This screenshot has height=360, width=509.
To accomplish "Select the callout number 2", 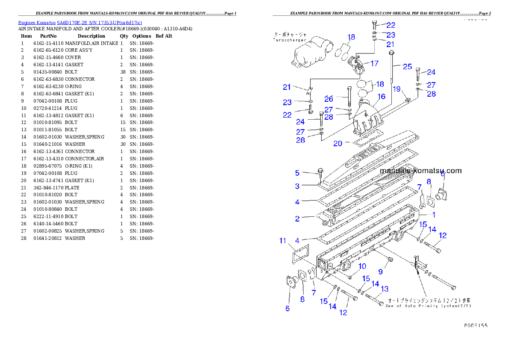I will (297, 218).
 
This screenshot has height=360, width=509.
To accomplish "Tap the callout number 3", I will (297, 186).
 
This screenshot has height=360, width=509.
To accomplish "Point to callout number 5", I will (297, 173).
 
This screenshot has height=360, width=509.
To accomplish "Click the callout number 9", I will (380, 271).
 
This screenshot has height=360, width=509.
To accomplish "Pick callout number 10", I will (362, 266).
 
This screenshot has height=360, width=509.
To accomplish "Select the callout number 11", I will (283, 241).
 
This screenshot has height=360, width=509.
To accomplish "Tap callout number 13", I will (385, 289).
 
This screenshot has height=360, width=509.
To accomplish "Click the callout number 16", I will (382, 97).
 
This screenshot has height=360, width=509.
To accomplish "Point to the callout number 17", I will (374, 64).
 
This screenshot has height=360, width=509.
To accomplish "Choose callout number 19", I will (397, 89).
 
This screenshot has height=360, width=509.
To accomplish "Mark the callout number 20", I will (338, 144).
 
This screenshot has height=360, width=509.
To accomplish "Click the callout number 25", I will (407, 66).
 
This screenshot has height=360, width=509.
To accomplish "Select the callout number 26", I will (328, 99).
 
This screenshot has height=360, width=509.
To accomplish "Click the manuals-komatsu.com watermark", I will (421, 171).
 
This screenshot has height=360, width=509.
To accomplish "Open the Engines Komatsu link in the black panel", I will (80, 22).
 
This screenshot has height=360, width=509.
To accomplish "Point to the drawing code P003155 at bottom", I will (476, 325).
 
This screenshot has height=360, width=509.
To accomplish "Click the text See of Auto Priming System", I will (428, 306).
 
